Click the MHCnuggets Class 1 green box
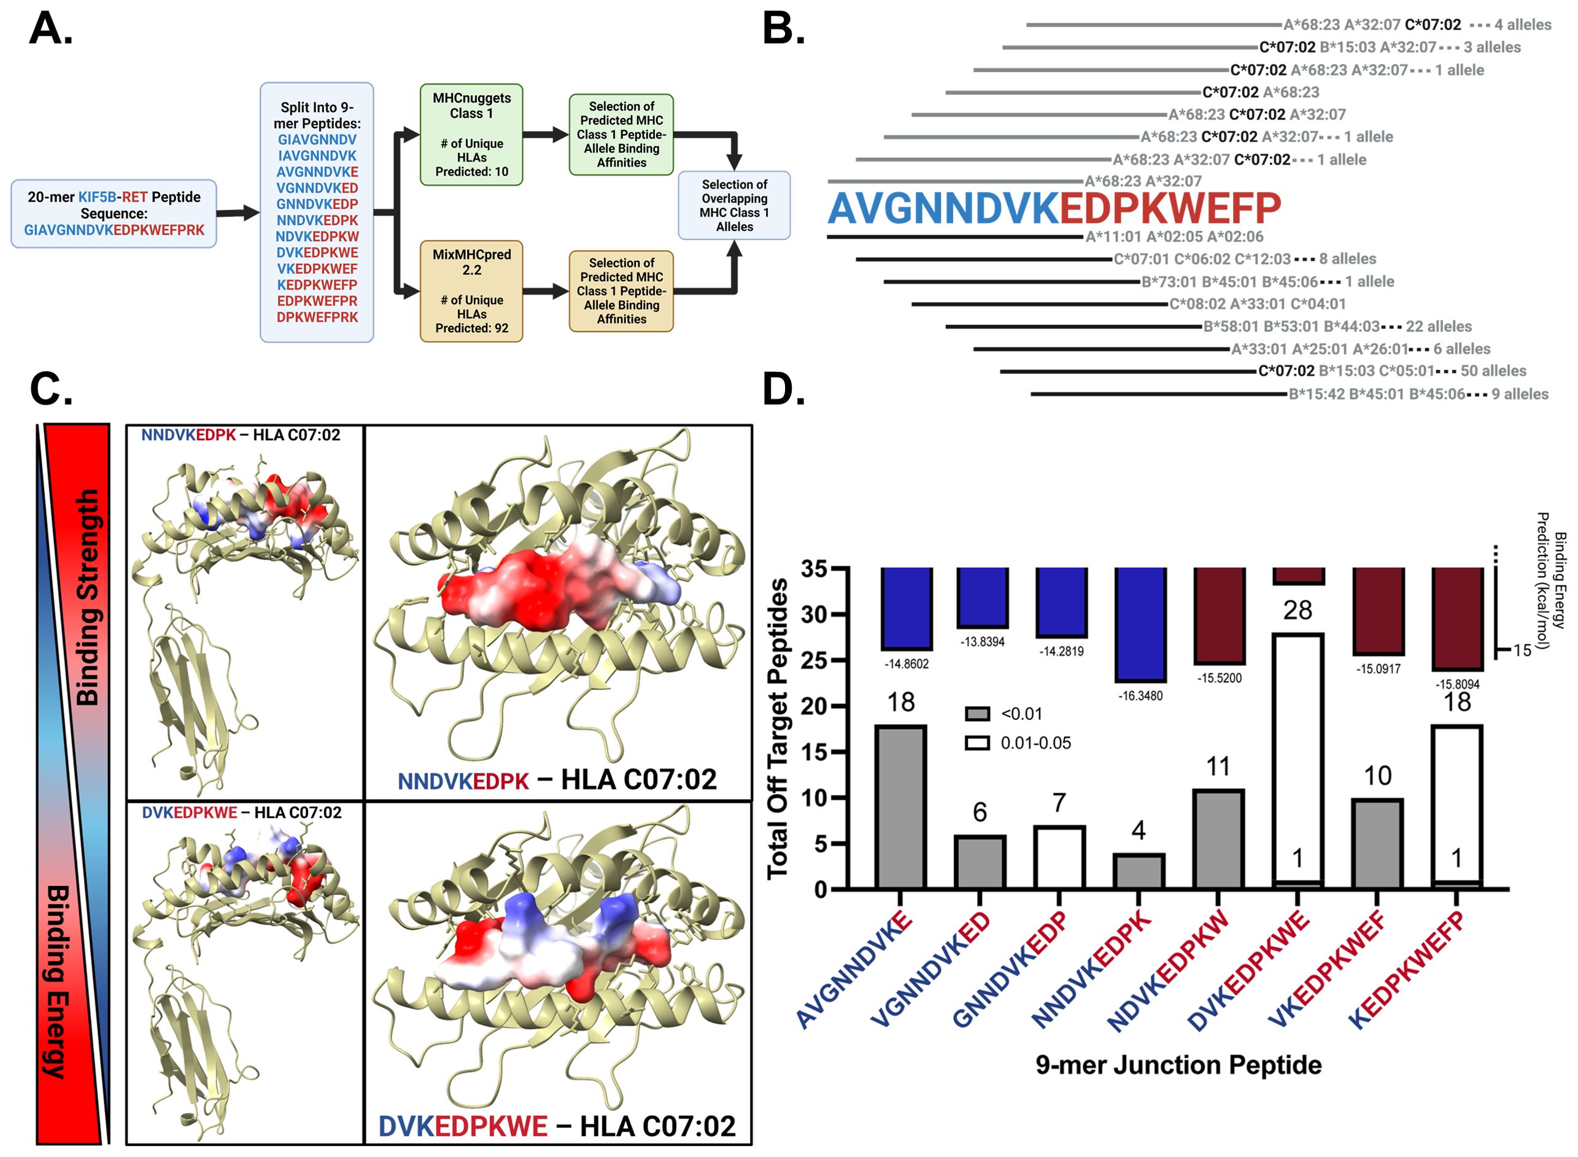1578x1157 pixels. pos(471,134)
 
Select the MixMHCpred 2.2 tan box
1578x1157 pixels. pos(471,291)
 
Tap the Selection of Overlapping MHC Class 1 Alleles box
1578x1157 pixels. pos(733,205)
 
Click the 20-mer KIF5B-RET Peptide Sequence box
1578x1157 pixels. pos(114,214)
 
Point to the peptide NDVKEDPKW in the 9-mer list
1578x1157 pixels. pos(317,236)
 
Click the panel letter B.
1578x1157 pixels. pos(783,29)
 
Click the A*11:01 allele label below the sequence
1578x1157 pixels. pos(1113,237)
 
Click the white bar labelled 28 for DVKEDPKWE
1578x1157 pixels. pos(1297,756)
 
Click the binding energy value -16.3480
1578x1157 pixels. pos(1140,696)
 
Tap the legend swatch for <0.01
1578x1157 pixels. pos(977,714)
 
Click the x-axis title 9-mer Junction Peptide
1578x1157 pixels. pos(1178,1064)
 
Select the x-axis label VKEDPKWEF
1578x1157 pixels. pos(1328,969)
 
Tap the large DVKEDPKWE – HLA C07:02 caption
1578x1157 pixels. pos(557,1126)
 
